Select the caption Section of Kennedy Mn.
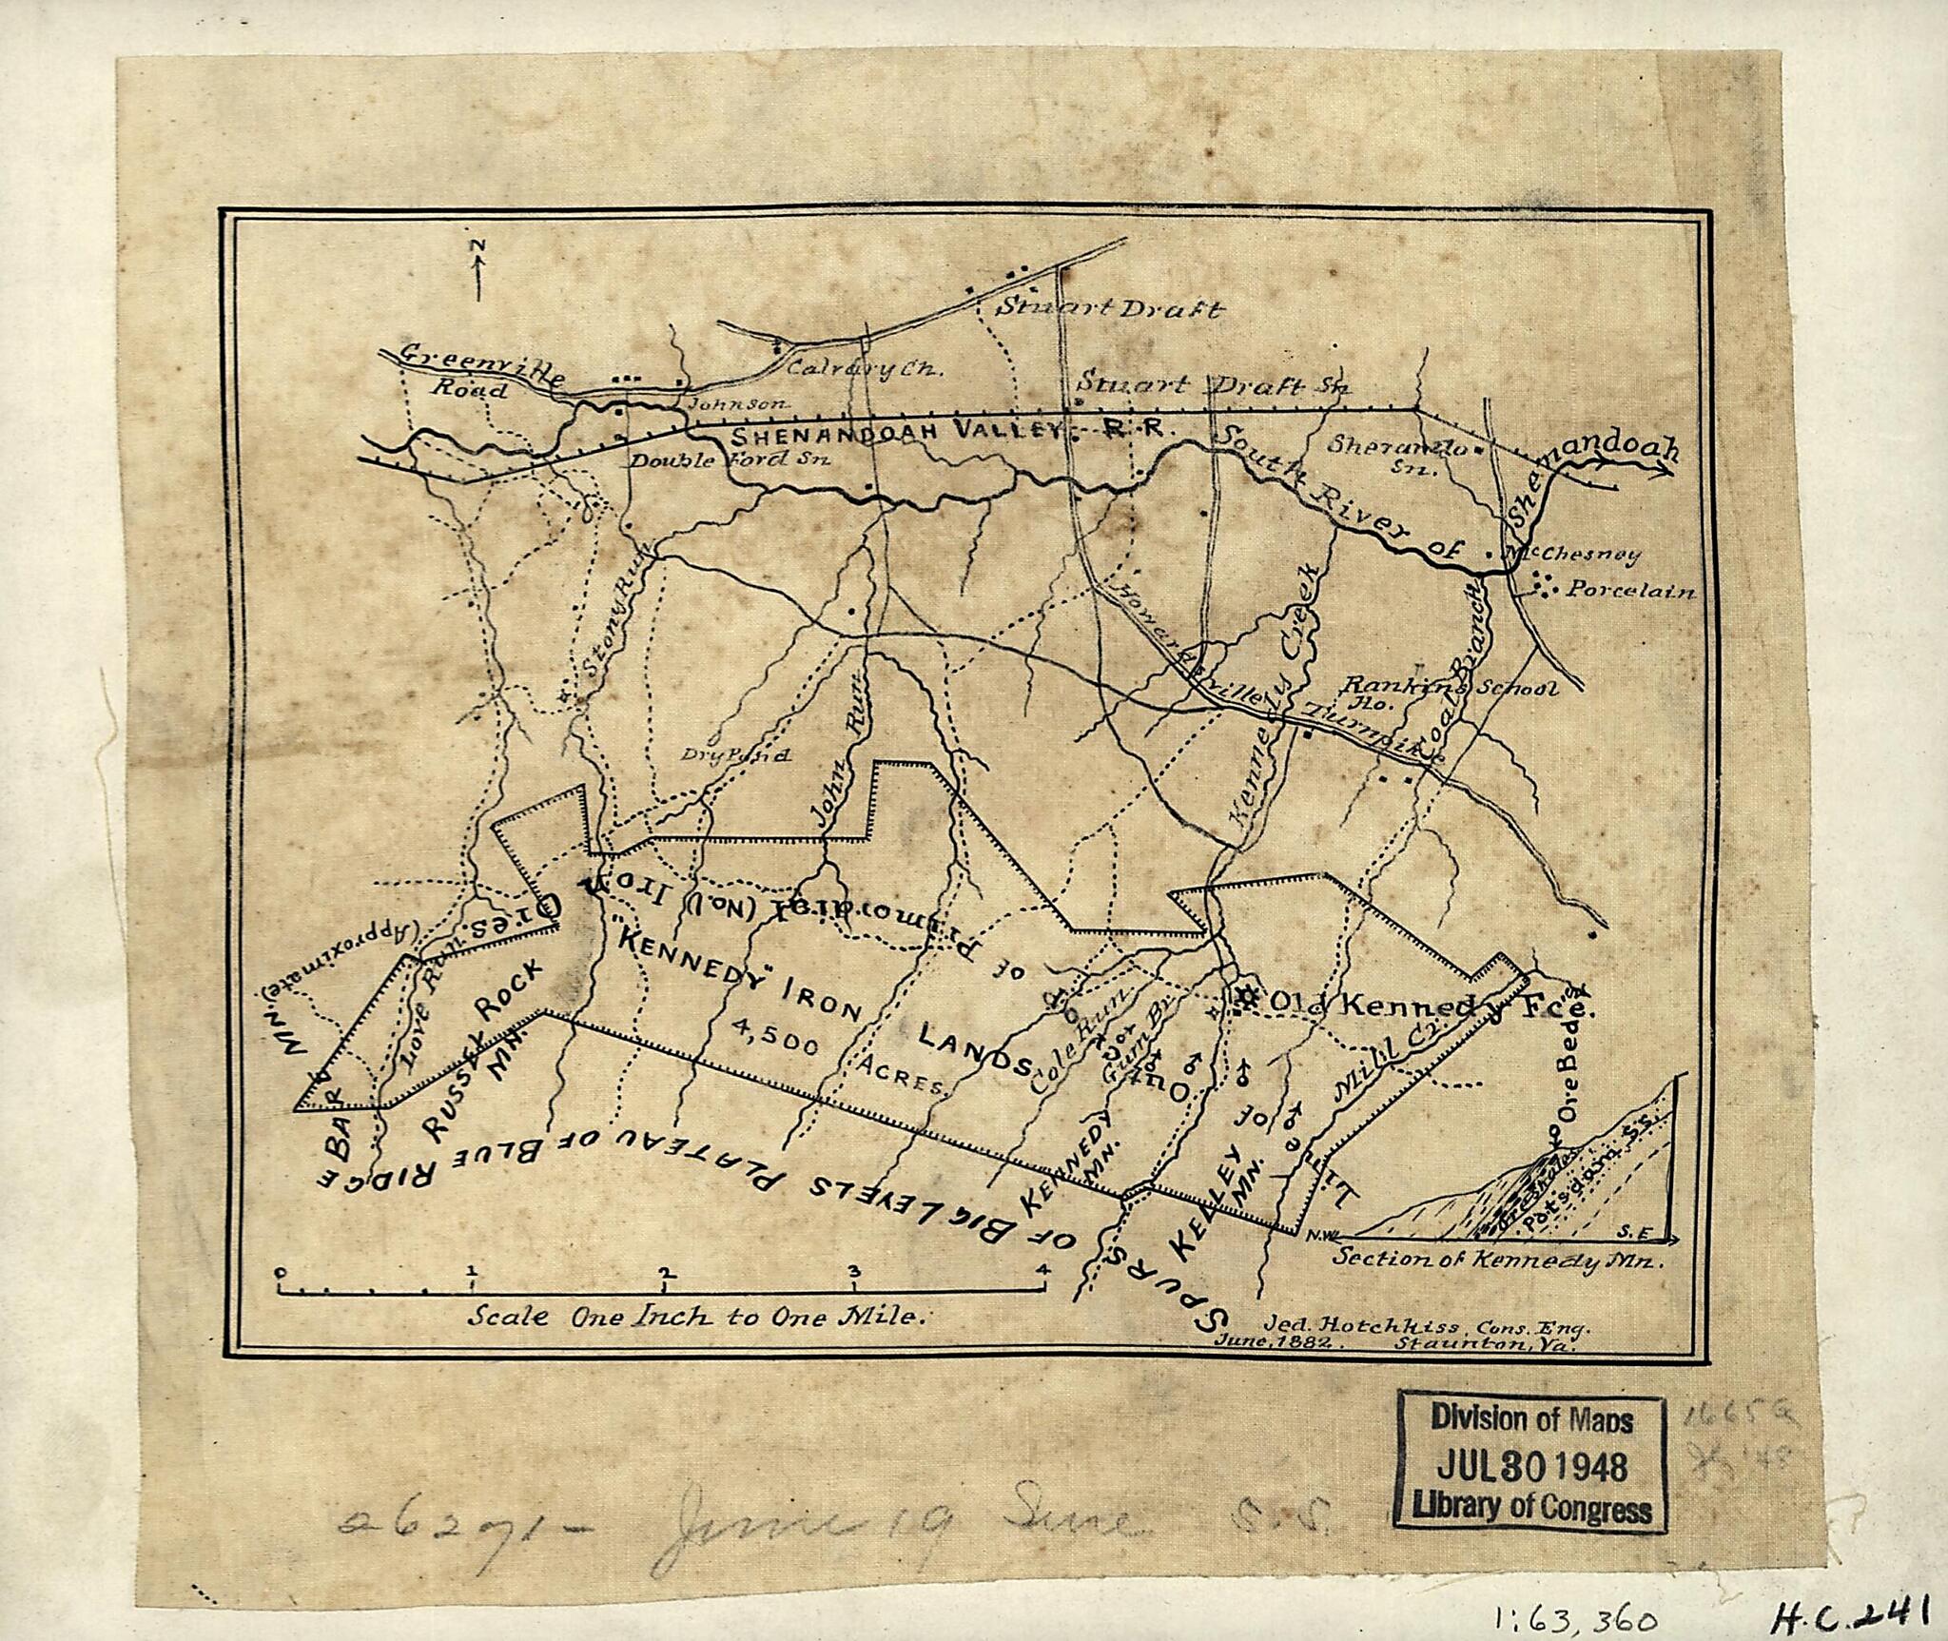pyautogui.click(x=1498, y=1258)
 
